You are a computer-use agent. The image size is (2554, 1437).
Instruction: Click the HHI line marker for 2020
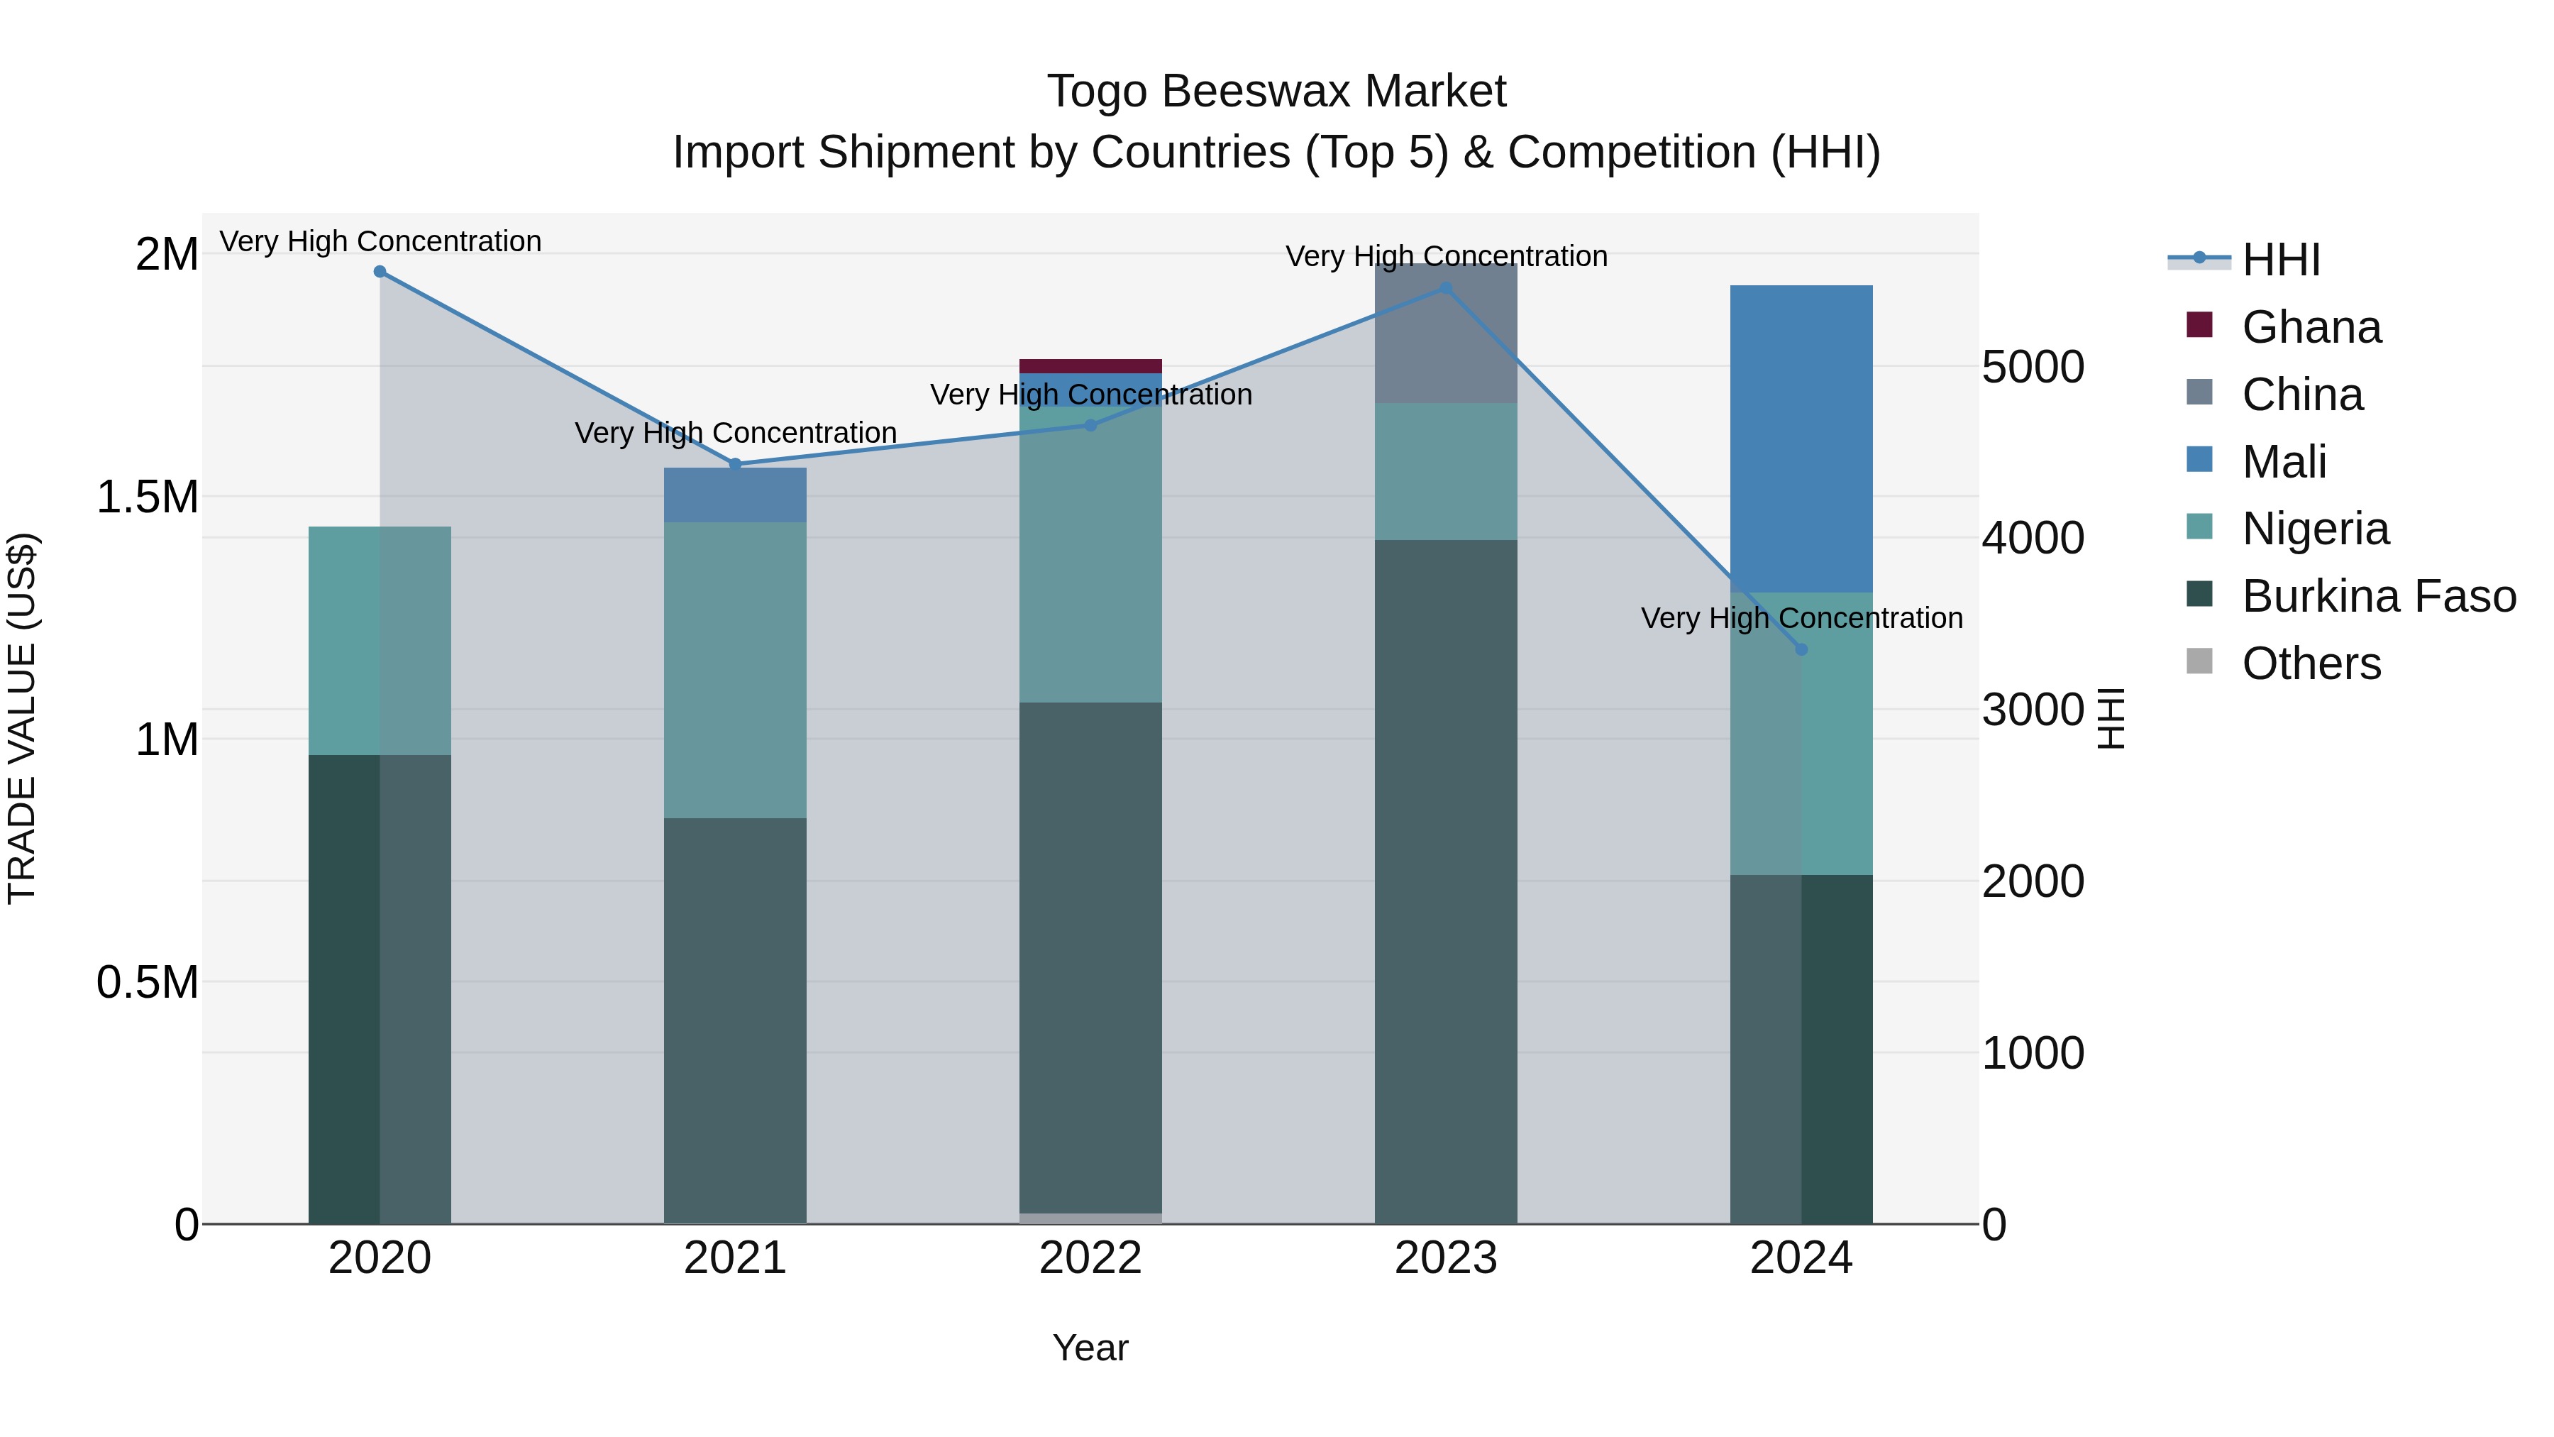click(x=380, y=272)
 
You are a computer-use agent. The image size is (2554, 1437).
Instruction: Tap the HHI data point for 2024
click(x=1801, y=649)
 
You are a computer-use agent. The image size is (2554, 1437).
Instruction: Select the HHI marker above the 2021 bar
click(x=735, y=464)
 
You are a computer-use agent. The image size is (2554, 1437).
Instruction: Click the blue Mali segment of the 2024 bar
click(x=1801, y=439)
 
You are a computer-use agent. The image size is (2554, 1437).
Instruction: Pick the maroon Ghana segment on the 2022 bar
click(x=1090, y=366)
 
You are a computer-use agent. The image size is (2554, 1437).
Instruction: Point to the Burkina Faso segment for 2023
click(x=1446, y=883)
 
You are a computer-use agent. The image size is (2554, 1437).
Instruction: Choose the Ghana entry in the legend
click(x=2310, y=327)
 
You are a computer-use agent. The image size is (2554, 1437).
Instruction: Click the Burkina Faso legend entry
click(x=2377, y=596)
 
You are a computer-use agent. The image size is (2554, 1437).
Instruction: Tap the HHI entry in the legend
click(x=2280, y=260)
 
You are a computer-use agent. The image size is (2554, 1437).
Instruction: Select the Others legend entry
click(x=2310, y=664)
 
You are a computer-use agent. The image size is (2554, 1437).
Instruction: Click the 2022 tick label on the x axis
click(x=1090, y=1258)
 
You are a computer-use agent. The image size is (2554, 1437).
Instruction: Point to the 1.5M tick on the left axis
click(x=148, y=497)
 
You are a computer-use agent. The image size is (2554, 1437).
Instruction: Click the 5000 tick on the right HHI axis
click(x=2033, y=367)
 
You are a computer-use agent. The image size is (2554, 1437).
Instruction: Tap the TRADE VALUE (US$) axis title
click(x=23, y=719)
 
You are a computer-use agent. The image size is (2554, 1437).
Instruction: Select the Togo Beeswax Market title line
click(x=1276, y=92)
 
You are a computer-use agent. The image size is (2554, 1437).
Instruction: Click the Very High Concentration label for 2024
click(x=1801, y=618)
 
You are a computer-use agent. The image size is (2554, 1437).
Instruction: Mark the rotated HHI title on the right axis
click(x=2113, y=719)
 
